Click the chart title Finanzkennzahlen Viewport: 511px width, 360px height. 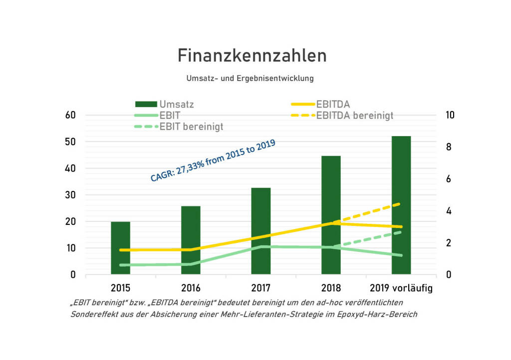click(x=252, y=55)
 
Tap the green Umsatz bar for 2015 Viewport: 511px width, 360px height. click(x=120, y=248)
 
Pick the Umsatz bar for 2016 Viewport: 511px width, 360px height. click(x=191, y=240)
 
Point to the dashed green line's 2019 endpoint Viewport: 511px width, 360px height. click(x=401, y=232)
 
